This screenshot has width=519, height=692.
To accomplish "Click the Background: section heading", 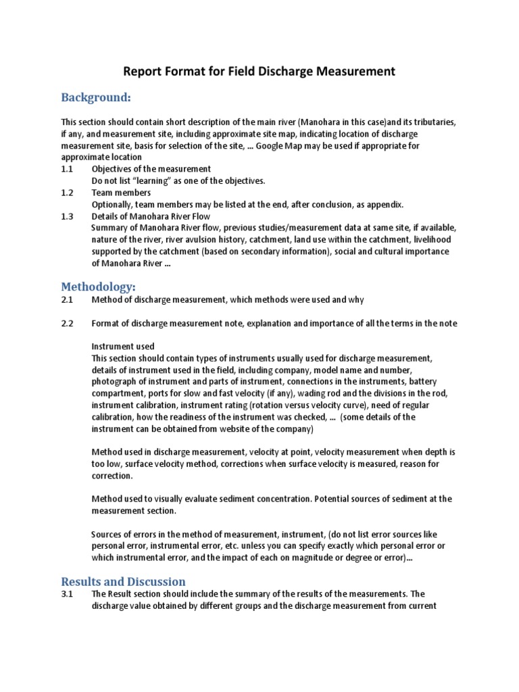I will (x=95, y=98).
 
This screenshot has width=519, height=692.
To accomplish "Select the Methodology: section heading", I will (x=98, y=287).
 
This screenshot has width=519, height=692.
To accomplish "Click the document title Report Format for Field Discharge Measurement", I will (x=259, y=71).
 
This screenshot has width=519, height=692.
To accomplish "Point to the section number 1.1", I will (x=67, y=169).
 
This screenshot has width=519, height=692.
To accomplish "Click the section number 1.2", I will (x=67, y=193).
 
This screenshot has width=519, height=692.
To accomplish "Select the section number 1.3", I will (x=67, y=216).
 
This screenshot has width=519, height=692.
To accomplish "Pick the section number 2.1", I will (x=67, y=299).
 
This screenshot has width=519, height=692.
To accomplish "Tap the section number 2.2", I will (x=67, y=323).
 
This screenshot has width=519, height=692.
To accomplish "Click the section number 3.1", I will (x=67, y=594).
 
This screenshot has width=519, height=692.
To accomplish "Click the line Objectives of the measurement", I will (x=151, y=169).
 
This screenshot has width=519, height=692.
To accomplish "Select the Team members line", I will (x=121, y=193).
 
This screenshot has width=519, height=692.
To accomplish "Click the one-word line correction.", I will (x=112, y=476).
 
